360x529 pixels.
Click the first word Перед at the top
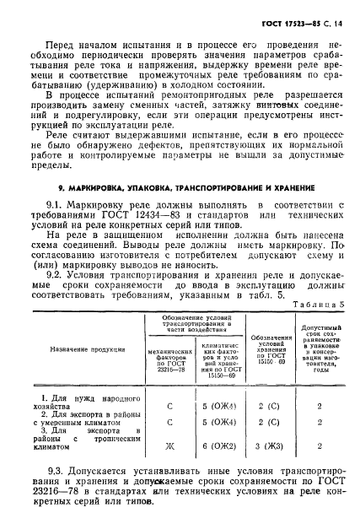[x=62, y=41]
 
